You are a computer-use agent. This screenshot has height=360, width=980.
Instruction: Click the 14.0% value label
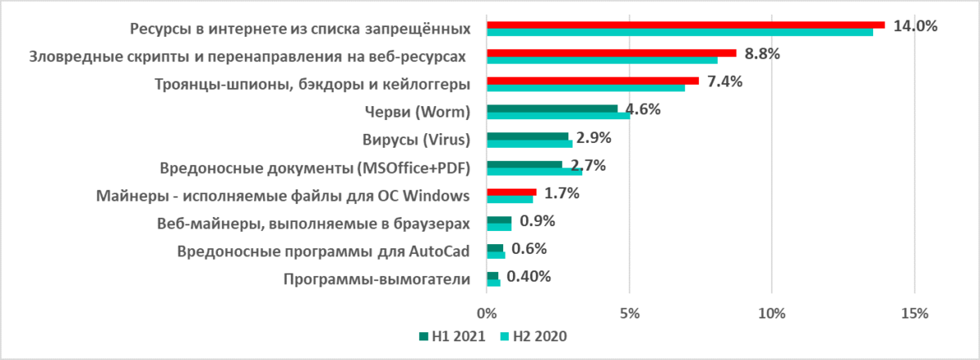pyautogui.click(x=915, y=26)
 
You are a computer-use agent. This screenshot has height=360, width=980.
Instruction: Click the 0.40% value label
pyautogui.click(x=528, y=276)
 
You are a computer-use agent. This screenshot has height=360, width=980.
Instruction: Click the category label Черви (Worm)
pyautogui.click(x=417, y=112)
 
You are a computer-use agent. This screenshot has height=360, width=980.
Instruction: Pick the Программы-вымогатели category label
pyautogui.click(x=376, y=279)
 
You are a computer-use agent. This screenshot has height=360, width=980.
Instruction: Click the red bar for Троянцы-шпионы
pyautogui.click(x=592, y=80)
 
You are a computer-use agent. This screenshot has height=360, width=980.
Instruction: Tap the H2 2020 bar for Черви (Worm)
pyautogui.click(x=558, y=115)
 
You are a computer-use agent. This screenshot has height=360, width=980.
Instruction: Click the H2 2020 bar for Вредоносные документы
pyautogui.click(x=534, y=171)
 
